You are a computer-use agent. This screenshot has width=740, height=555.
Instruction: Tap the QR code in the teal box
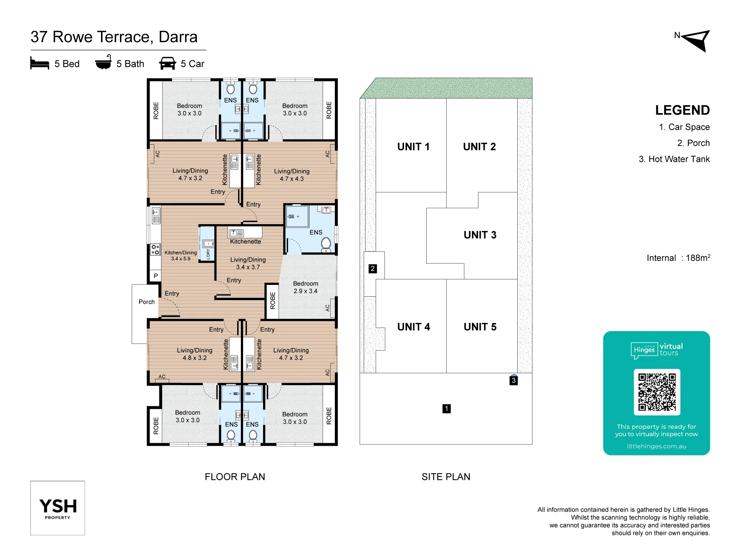coord(657,392)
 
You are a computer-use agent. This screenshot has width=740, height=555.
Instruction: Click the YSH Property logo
coord(58,508)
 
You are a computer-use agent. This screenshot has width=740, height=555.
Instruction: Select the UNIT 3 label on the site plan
coord(480,235)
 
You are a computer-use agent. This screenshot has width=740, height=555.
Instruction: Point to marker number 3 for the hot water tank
coord(514,380)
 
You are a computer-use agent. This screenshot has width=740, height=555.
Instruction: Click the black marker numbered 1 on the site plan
coord(447,408)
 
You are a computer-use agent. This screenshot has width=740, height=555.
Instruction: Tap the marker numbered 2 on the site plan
coord(373,269)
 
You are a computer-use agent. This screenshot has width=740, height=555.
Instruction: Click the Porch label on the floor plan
coord(147,302)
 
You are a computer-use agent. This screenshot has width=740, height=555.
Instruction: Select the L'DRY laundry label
coord(208,254)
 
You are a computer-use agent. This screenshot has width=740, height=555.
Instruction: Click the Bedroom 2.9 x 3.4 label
coord(306,287)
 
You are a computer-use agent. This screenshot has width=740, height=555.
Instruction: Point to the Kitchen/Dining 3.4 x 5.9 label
coord(181,256)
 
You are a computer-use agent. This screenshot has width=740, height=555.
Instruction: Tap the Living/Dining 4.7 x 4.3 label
coord(292,175)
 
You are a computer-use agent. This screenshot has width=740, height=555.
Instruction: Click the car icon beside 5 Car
coord(168,63)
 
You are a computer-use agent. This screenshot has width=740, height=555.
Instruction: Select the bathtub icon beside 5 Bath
coord(103,63)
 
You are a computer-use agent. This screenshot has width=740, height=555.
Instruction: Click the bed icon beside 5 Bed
coord(40,63)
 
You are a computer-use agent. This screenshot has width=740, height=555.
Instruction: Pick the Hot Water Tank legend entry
coord(674,159)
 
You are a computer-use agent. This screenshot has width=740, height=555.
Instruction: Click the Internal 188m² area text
coord(679,258)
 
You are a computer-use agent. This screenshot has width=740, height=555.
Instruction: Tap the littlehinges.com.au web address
coord(656,446)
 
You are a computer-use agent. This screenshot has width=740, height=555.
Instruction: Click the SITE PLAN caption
coord(446,477)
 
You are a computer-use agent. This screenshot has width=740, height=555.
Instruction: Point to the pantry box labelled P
coord(156,276)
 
